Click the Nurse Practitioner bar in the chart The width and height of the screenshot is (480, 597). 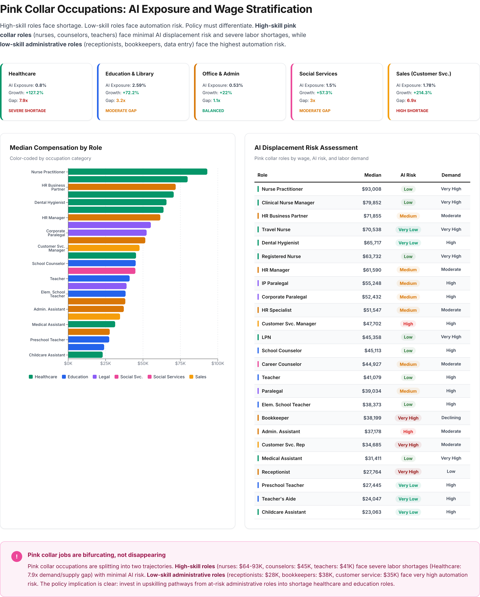[137, 172]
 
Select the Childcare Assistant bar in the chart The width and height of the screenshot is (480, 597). [85, 355]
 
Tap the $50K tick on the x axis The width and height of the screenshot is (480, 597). [143, 363]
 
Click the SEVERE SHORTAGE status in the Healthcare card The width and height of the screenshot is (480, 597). [27, 111]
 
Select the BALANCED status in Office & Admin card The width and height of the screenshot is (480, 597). [213, 111]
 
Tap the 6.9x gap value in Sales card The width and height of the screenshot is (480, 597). [412, 101]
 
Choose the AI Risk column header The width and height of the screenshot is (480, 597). [408, 175]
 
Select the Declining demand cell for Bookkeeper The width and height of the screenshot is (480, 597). [451, 418]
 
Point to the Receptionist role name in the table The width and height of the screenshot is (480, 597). [276, 472]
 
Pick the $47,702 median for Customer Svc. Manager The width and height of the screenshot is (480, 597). [372, 324]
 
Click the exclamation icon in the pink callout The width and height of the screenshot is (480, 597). [17, 556]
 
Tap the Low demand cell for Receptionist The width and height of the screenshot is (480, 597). [451, 472]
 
